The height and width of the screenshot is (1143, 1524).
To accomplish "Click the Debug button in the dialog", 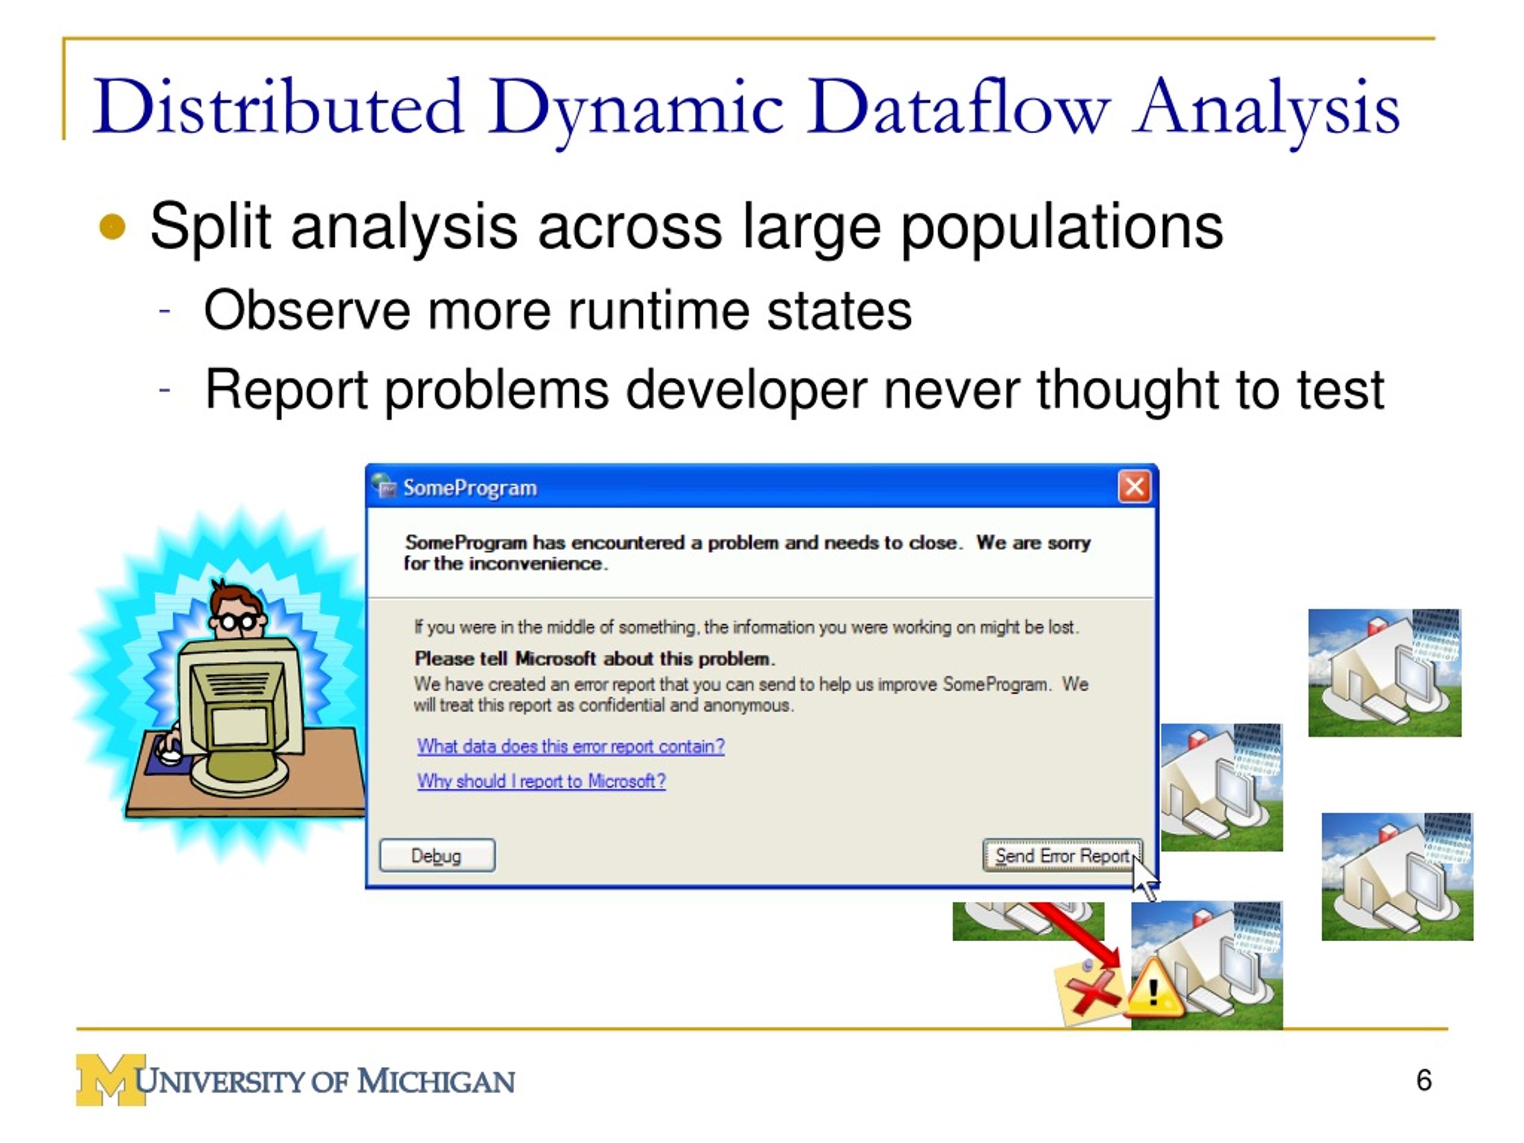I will tap(437, 855).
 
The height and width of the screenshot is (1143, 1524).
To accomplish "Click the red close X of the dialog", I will tap(1133, 486).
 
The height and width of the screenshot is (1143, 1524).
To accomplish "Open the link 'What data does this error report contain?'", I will tap(570, 746).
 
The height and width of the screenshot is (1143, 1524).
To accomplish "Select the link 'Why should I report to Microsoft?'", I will tap(541, 781).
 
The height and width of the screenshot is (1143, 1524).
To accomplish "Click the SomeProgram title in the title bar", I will tap(469, 488).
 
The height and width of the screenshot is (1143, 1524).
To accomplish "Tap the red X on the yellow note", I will tap(1092, 993).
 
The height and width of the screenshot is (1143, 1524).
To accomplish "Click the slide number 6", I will tap(1423, 1080).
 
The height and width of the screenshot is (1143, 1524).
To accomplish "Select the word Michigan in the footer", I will tap(435, 1081).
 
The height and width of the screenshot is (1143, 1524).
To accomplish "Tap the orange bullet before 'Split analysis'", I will tap(113, 227).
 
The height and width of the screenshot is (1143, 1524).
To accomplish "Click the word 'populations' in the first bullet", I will tap(1061, 227).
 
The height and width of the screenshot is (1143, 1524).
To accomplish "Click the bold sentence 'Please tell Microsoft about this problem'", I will tap(594, 658).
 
